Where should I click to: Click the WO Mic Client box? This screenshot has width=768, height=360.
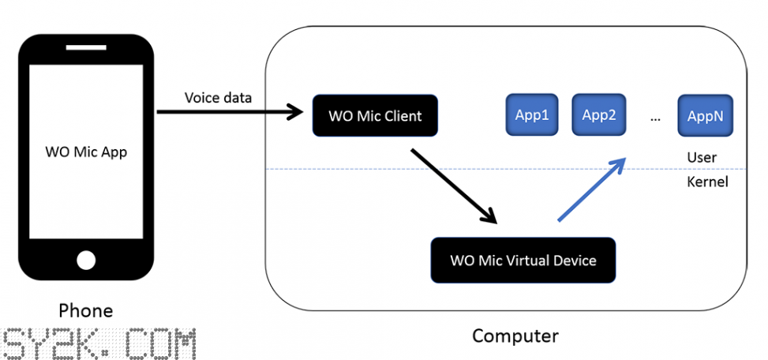click(x=375, y=115)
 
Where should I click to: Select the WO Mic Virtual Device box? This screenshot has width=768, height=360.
click(x=523, y=260)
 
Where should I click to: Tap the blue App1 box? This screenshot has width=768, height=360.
click(x=532, y=114)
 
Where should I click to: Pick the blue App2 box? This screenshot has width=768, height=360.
click(x=598, y=114)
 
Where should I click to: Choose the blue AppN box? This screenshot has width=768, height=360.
click(x=706, y=115)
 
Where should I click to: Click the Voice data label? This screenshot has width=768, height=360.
click(x=218, y=97)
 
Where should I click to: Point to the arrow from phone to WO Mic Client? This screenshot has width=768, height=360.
click(x=230, y=112)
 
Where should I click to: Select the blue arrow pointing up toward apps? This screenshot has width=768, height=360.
click(x=593, y=189)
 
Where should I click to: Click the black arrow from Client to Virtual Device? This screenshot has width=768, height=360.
click(x=454, y=186)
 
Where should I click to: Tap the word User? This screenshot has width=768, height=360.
click(x=702, y=157)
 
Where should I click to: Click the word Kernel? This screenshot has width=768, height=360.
click(x=708, y=182)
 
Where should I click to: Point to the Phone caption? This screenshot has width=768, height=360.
click(x=86, y=310)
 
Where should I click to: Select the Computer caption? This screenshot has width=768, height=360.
click(x=515, y=336)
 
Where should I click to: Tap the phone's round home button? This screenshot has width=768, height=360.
click(x=86, y=260)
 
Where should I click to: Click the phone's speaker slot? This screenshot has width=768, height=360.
click(x=86, y=47)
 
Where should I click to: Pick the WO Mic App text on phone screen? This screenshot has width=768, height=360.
click(x=86, y=152)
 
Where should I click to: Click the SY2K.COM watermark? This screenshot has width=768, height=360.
click(x=98, y=344)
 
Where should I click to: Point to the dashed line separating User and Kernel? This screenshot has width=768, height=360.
click(x=507, y=170)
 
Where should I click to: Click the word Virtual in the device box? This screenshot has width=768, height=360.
click(x=528, y=260)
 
